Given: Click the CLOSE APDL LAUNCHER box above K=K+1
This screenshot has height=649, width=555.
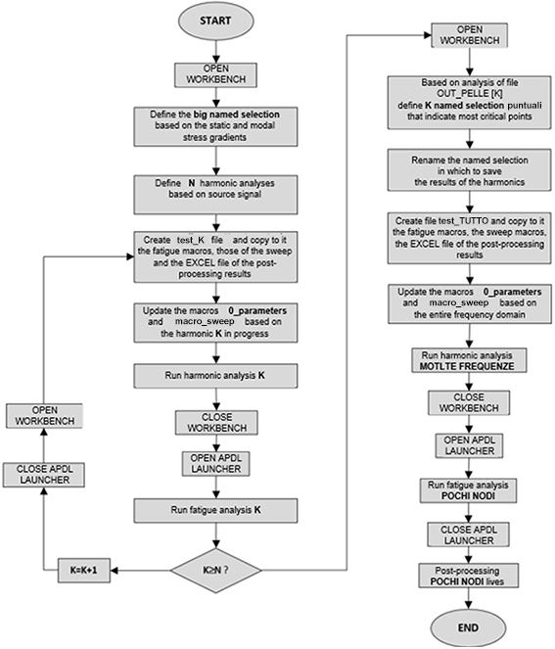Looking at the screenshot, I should (47, 475).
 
